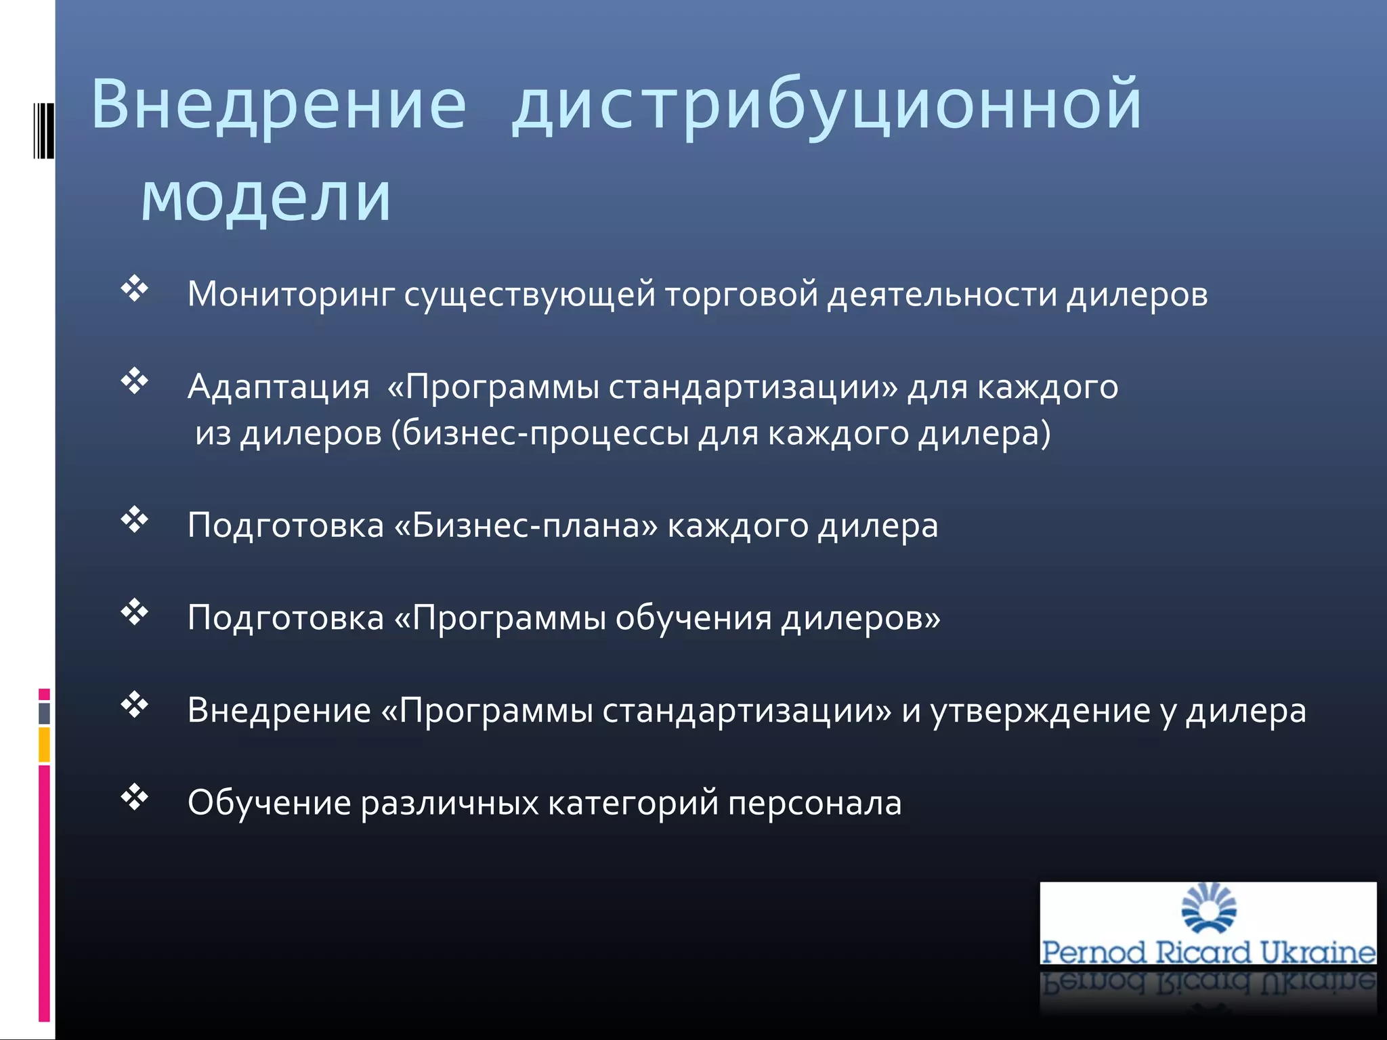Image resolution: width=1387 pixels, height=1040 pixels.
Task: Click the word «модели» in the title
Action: click(265, 198)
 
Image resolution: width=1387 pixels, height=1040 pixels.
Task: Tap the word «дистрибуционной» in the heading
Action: click(826, 105)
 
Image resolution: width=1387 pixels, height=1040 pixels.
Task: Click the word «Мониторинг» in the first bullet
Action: click(291, 295)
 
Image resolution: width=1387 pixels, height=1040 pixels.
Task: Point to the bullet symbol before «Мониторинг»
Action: click(135, 289)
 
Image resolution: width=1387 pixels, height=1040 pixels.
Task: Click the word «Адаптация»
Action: click(278, 387)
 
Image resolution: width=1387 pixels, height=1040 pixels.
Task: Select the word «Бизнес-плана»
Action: click(526, 525)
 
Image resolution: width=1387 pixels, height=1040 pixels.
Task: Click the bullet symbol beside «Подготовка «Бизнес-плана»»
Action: click(135, 520)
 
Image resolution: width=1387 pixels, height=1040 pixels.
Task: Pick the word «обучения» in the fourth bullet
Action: click(693, 618)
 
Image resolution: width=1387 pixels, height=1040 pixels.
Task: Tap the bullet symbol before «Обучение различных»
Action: click(135, 798)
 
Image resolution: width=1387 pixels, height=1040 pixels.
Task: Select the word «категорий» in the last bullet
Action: click(633, 804)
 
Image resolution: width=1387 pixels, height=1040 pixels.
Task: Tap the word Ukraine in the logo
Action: click(1317, 952)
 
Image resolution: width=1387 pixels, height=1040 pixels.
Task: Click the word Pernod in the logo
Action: click(1094, 952)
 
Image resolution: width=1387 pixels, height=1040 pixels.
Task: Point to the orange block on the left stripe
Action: click(44, 745)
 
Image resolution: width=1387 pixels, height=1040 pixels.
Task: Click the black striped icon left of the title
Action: click(43, 130)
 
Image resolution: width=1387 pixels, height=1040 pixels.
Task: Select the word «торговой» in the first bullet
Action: click(741, 295)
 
